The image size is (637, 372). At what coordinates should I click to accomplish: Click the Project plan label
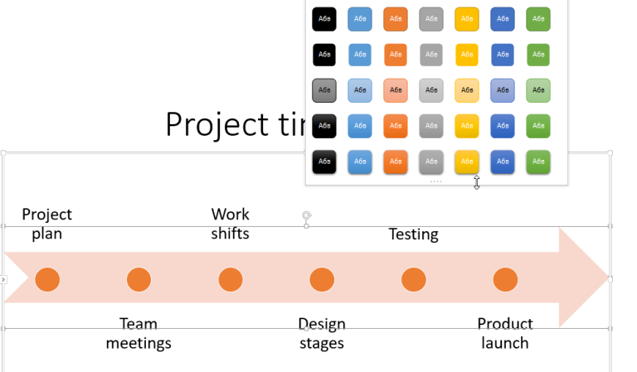46,224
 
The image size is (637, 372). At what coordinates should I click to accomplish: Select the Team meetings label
139,333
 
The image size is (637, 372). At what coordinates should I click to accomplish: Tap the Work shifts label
230,224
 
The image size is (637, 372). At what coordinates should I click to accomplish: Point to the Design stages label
322,333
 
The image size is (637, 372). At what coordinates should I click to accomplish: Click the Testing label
413,234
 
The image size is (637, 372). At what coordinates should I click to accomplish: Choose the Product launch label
505,333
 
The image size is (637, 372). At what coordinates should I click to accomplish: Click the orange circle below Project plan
47,280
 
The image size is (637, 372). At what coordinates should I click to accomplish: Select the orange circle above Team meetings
139,280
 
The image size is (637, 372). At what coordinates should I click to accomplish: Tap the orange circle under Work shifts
231,280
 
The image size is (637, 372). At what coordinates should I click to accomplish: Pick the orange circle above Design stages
322,280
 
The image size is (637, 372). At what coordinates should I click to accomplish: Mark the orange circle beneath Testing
413,280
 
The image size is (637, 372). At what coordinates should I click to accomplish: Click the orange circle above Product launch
505,280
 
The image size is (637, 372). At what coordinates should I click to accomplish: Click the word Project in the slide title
212,124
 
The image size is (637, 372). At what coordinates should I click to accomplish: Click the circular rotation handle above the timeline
307,216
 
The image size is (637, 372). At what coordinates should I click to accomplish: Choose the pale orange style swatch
396,90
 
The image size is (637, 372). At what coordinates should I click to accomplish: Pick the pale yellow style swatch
467,90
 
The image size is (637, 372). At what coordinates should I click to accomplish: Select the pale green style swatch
538,90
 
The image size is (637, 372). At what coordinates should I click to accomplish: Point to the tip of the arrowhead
607,278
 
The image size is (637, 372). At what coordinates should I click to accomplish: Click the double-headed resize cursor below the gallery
476,181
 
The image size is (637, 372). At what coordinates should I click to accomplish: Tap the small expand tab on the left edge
3,280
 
